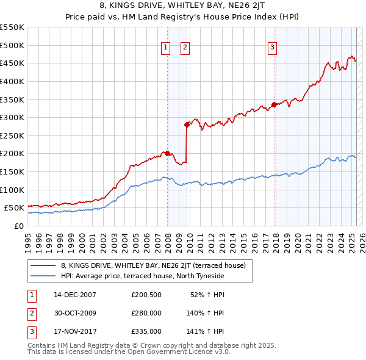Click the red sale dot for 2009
(x=187, y=124)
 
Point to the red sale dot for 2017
(x=274, y=104)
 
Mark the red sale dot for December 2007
(x=167, y=153)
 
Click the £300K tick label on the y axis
(x=12, y=117)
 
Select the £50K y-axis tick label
(x=14, y=208)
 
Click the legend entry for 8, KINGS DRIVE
(x=153, y=265)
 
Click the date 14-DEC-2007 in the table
(x=75, y=295)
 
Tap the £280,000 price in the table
(x=146, y=313)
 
